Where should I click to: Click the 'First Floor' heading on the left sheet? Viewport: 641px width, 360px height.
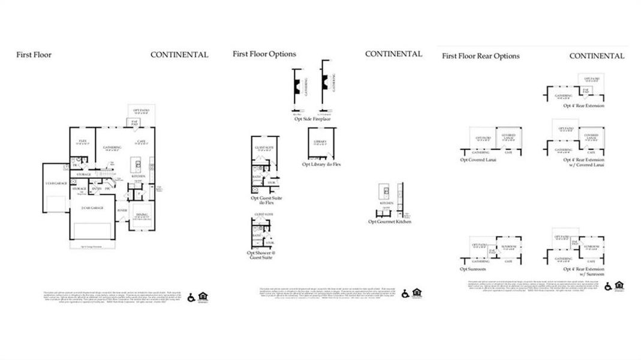pyautogui.click(x=34, y=55)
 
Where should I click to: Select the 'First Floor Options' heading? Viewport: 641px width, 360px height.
pyautogui.click(x=264, y=54)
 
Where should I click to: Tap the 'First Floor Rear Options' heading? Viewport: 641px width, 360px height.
pyautogui.click(x=480, y=56)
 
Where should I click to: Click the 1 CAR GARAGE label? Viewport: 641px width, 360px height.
pyautogui.click(x=55, y=182)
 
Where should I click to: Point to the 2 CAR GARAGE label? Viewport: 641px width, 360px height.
pyautogui.click(x=92, y=208)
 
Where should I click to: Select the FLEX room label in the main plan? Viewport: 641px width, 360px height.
pyautogui.click(x=83, y=142)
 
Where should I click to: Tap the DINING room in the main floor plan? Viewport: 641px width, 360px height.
pyautogui.click(x=142, y=214)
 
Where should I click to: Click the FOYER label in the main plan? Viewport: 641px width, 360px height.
pyautogui.click(x=122, y=211)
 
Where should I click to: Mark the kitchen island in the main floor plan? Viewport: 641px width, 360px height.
pyautogui.click(x=138, y=166)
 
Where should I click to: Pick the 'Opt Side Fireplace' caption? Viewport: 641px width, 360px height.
pyautogui.click(x=312, y=119)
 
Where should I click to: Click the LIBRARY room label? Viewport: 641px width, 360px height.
pyautogui.click(x=320, y=142)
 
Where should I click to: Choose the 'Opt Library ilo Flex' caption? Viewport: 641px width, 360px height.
pyautogui.click(x=321, y=164)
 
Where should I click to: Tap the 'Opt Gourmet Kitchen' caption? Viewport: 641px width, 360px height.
pyautogui.click(x=390, y=221)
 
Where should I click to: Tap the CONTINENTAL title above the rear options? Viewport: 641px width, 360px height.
pyautogui.click(x=596, y=56)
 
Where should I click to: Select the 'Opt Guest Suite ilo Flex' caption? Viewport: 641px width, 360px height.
pyautogui.click(x=266, y=200)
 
